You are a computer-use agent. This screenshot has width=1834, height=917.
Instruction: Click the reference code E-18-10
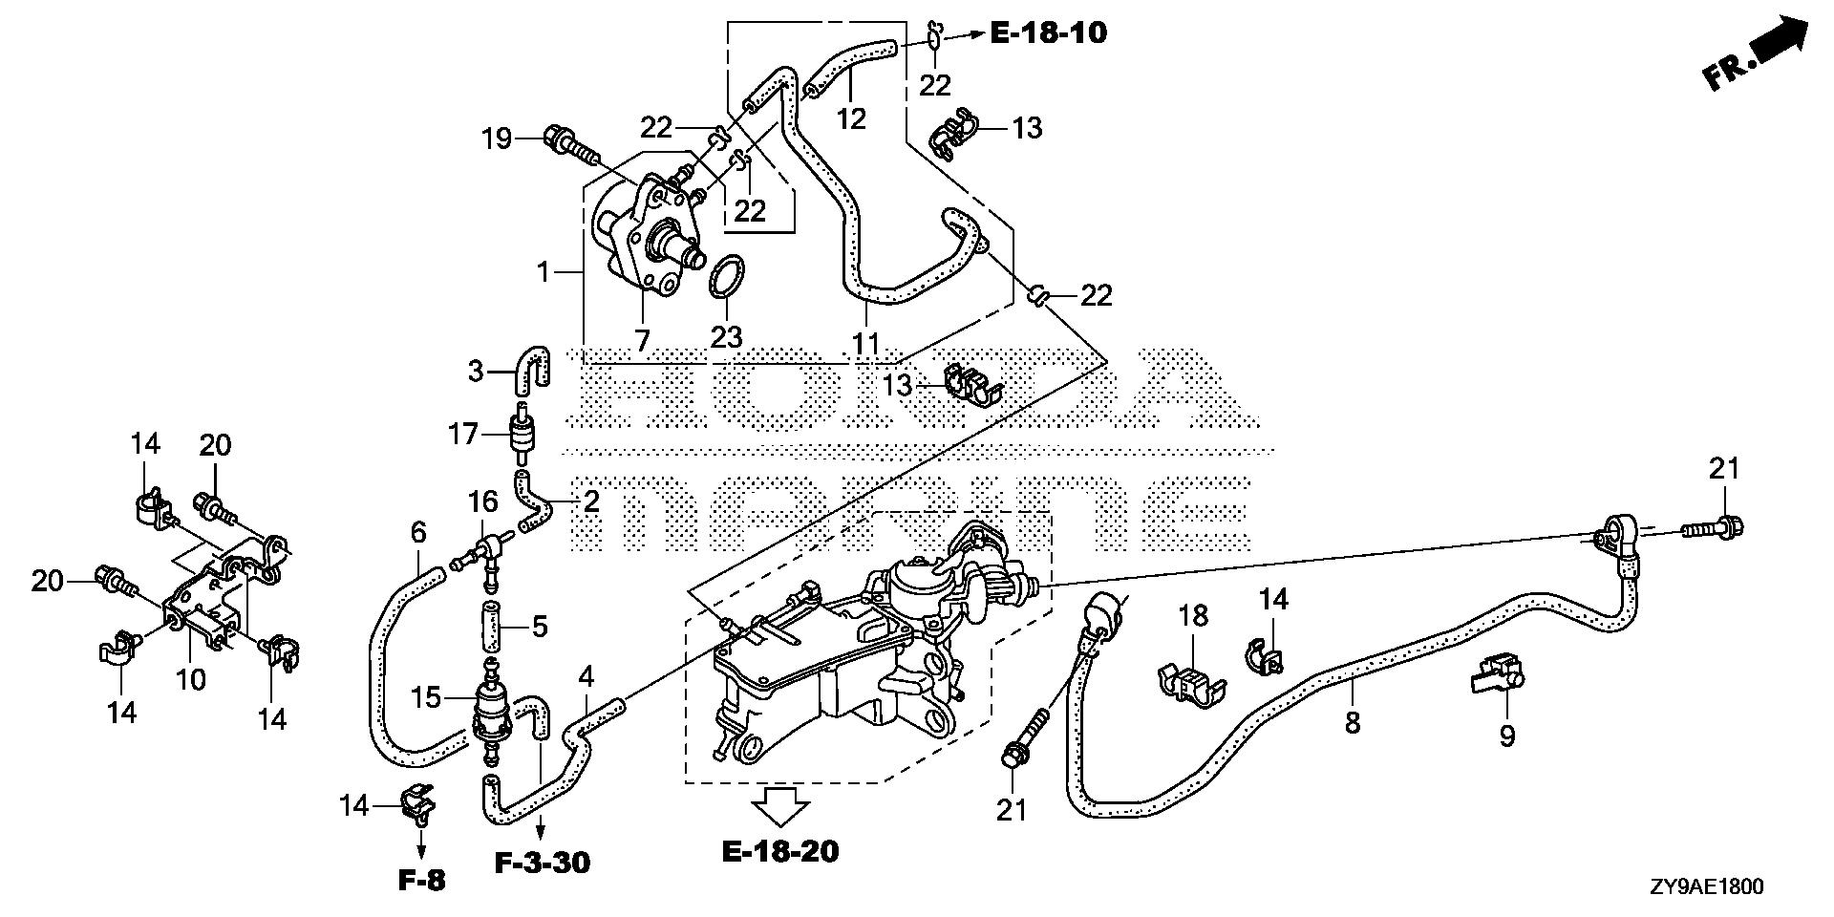1048,33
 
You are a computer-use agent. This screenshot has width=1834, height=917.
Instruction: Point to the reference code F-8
420,880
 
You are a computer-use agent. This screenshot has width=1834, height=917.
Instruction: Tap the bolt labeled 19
567,144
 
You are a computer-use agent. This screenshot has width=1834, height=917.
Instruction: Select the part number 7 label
641,339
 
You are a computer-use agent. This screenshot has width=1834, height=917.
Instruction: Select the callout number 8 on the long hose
1352,722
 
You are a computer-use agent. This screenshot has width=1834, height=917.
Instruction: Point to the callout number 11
865,342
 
